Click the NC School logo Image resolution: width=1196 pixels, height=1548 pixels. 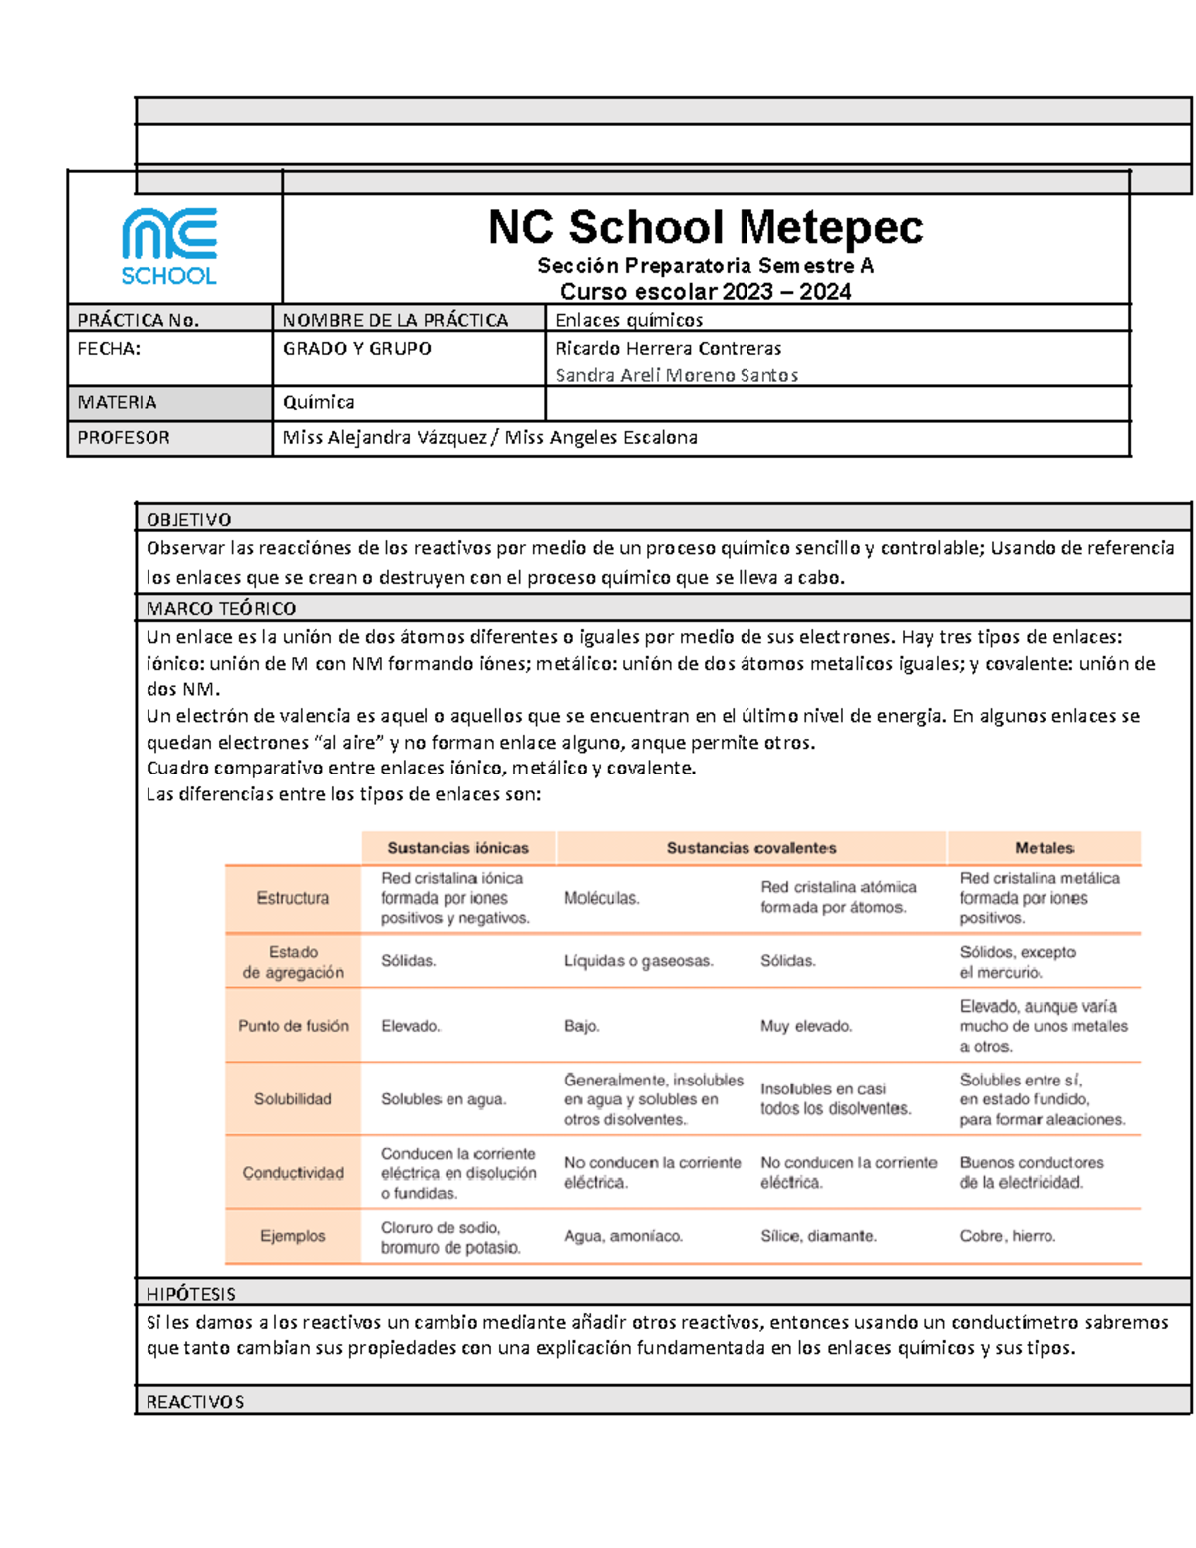coord(169,247)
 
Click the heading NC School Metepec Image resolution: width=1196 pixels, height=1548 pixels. coord(705,228)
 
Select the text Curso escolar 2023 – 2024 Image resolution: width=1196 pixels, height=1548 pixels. coord(705,292)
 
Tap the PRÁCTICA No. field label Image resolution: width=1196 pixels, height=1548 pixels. coord(138,320)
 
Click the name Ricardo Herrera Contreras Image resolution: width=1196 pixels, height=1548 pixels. coord(668,348)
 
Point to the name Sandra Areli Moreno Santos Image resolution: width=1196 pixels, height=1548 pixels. coord(676,375)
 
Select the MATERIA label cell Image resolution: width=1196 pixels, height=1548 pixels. coord(117,402)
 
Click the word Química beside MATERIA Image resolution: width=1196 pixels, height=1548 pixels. coord(318,402)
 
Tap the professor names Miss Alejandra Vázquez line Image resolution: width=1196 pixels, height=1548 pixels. coord(489,437)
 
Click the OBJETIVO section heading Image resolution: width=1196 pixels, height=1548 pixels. coord(188,519)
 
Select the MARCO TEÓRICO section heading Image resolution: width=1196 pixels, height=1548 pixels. coord(220,608)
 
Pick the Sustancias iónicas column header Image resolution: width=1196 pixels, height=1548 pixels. coord(457,848)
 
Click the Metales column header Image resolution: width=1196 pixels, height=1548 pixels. coord(1044,848)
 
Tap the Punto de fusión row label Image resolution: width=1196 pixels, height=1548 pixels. coord(293,1025)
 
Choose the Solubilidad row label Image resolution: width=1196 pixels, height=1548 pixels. coord(292,1098)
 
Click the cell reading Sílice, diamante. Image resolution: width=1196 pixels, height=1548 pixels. coord(818,1236)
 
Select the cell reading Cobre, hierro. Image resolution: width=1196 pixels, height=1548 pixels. coord(1007,1236)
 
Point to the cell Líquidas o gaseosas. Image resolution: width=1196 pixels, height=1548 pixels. coord(638,961)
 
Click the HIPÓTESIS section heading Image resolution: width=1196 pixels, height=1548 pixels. coord(190,1294)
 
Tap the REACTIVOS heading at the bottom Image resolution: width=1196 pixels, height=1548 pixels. coord(194,1401)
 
